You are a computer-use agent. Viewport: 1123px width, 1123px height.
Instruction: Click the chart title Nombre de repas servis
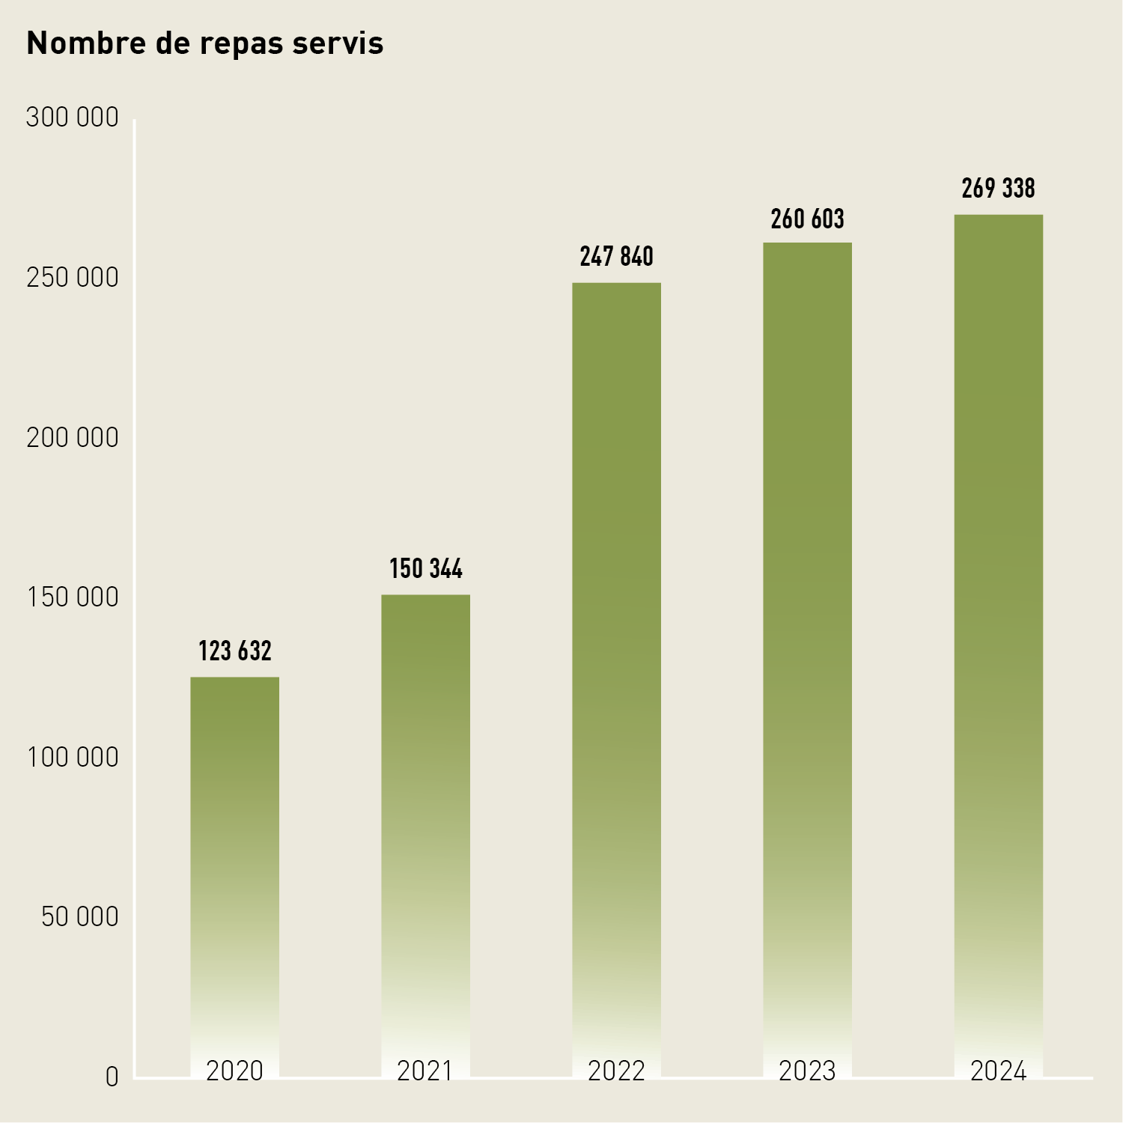(x=204, y=43)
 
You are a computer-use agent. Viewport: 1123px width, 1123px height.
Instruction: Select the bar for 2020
(x=234, y=861)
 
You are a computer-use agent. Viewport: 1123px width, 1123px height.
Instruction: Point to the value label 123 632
(x=234, y=651)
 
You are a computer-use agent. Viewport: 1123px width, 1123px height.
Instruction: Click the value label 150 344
(x=425, y=569)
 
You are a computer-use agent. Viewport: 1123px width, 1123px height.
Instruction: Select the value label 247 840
(x=616, y=257)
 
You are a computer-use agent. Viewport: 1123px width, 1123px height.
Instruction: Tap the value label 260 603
(x=807, y=219)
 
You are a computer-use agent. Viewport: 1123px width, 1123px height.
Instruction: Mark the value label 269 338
(x=998, y=189)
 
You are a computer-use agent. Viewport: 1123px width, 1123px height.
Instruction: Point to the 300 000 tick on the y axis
(x=72, y=118)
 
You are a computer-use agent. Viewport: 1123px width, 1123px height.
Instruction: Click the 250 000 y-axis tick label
(x=72, y=278)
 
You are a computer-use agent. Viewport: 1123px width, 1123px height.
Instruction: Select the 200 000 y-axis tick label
(x=72, y=438)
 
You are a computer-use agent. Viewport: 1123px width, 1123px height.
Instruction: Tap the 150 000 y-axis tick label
(x=72, y=597)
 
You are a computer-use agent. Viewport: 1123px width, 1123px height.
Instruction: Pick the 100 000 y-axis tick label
(x=72, y=758)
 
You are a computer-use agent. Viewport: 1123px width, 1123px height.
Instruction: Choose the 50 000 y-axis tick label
(x=79, y=916)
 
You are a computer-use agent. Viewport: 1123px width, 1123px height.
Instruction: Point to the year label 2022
(x=616, y=1071)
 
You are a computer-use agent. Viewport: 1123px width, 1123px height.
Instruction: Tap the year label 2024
(x=998, y=1071)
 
